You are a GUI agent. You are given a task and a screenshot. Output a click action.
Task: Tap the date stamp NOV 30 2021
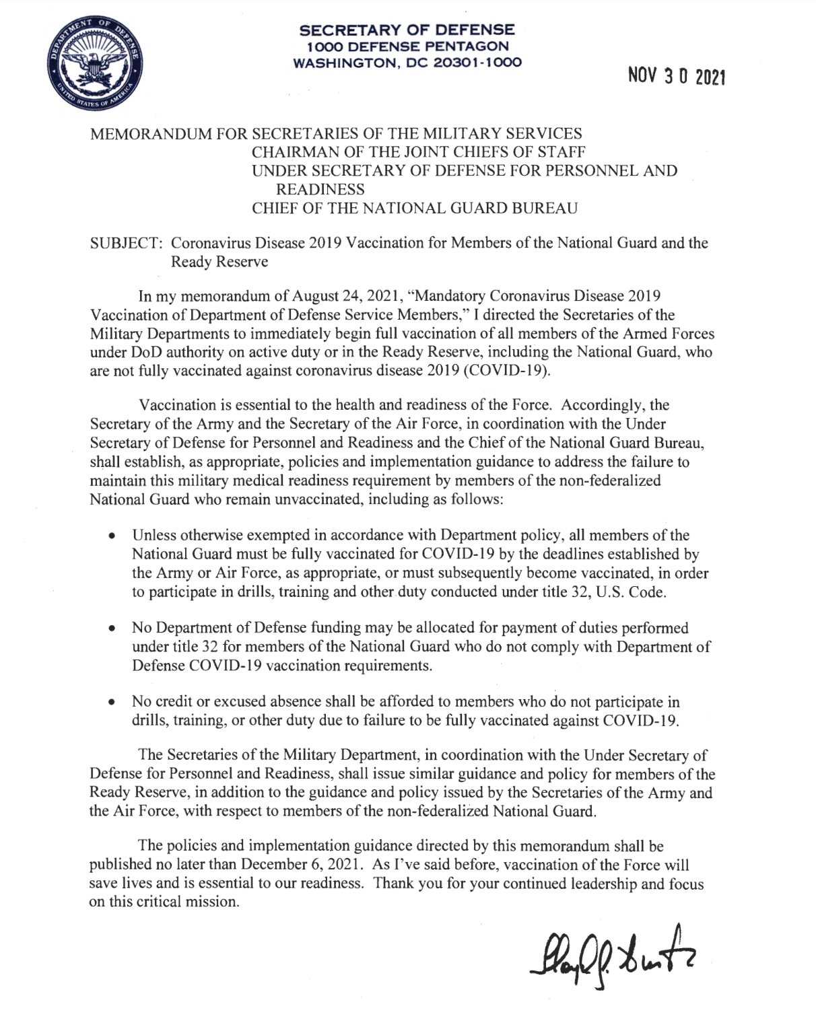(x=673, y=78)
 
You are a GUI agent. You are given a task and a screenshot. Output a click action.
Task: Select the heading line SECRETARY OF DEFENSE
(x=407, y=30)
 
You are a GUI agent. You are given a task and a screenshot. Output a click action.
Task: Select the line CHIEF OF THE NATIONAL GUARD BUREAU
(x=414, y=208)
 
